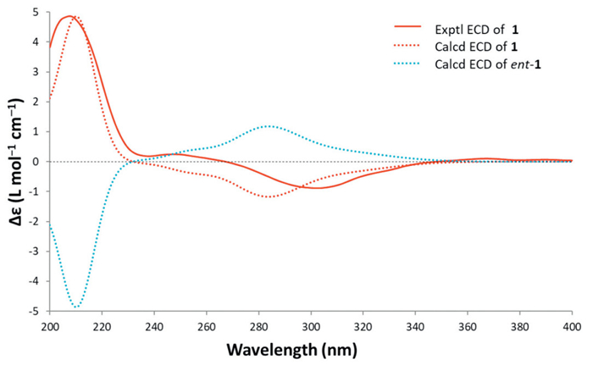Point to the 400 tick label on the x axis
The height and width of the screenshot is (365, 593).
[x=572, y=326]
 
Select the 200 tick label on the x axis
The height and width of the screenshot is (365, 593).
[x=50, y=326]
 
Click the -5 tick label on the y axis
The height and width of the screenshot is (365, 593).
[x=33, y=311]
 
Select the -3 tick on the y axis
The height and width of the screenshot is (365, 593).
[x=33, y=251]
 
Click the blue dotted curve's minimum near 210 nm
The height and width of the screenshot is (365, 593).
[x=76, y=307]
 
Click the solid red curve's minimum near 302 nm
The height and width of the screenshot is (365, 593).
[x=316, y=188]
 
